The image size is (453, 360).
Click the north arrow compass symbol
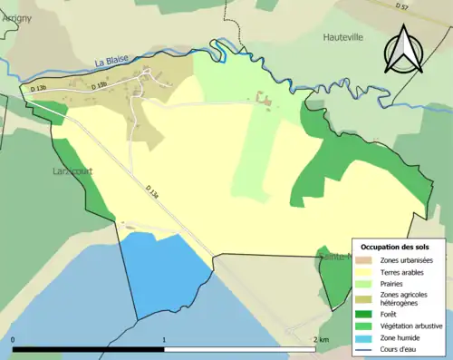pyautogui.click(x=402, y=49)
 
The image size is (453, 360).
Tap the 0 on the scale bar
pyautogui.click(x=14, y=340)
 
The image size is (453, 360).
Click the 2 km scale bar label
pyautogui.click(x=321, y=340)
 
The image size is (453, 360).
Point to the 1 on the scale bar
pyautogui.click(x=164, y=340)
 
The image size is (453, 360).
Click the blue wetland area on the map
pyautogui.click(x=163, y=272)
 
